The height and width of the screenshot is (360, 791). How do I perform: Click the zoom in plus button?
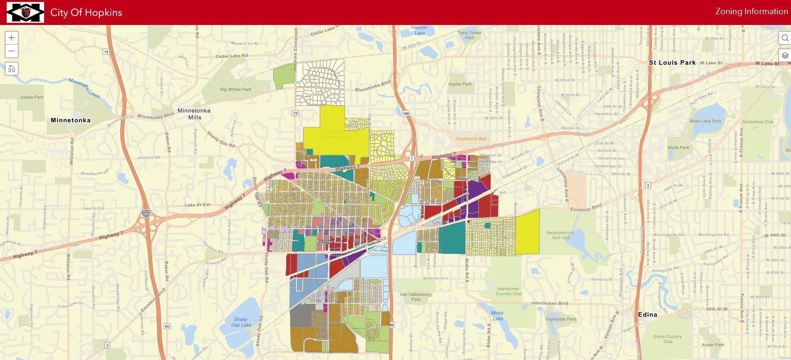[x=12, y=38]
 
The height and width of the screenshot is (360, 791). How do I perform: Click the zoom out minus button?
[x=12, y=51]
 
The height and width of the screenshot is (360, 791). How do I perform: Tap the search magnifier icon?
[x=785, y=38]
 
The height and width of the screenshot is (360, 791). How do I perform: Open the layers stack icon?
[x=785, y=55]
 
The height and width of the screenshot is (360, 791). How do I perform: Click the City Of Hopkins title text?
[x=86, y=12]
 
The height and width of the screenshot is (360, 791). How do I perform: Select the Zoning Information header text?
[x=751, y=12]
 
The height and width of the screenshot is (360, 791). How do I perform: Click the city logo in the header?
[x=25, y=12]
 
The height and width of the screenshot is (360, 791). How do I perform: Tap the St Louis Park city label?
[x=672, y=62]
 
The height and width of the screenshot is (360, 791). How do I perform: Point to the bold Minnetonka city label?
[x=70, y=120]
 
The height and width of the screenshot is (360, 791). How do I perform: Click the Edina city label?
[x=647, y=315]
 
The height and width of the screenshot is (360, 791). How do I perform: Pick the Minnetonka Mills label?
[x=194, y=114]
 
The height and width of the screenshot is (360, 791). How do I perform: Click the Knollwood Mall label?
[x=471, y=139]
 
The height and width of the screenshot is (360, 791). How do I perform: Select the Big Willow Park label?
[x=236, y=89]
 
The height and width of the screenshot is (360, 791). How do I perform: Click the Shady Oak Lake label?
[x=241, y=322]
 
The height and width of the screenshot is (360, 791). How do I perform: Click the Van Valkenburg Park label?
[x=415, y=297]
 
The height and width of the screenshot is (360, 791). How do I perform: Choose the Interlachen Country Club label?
[x=508, y=291]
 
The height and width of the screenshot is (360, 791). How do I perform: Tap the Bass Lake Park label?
[x=705, y=121]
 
